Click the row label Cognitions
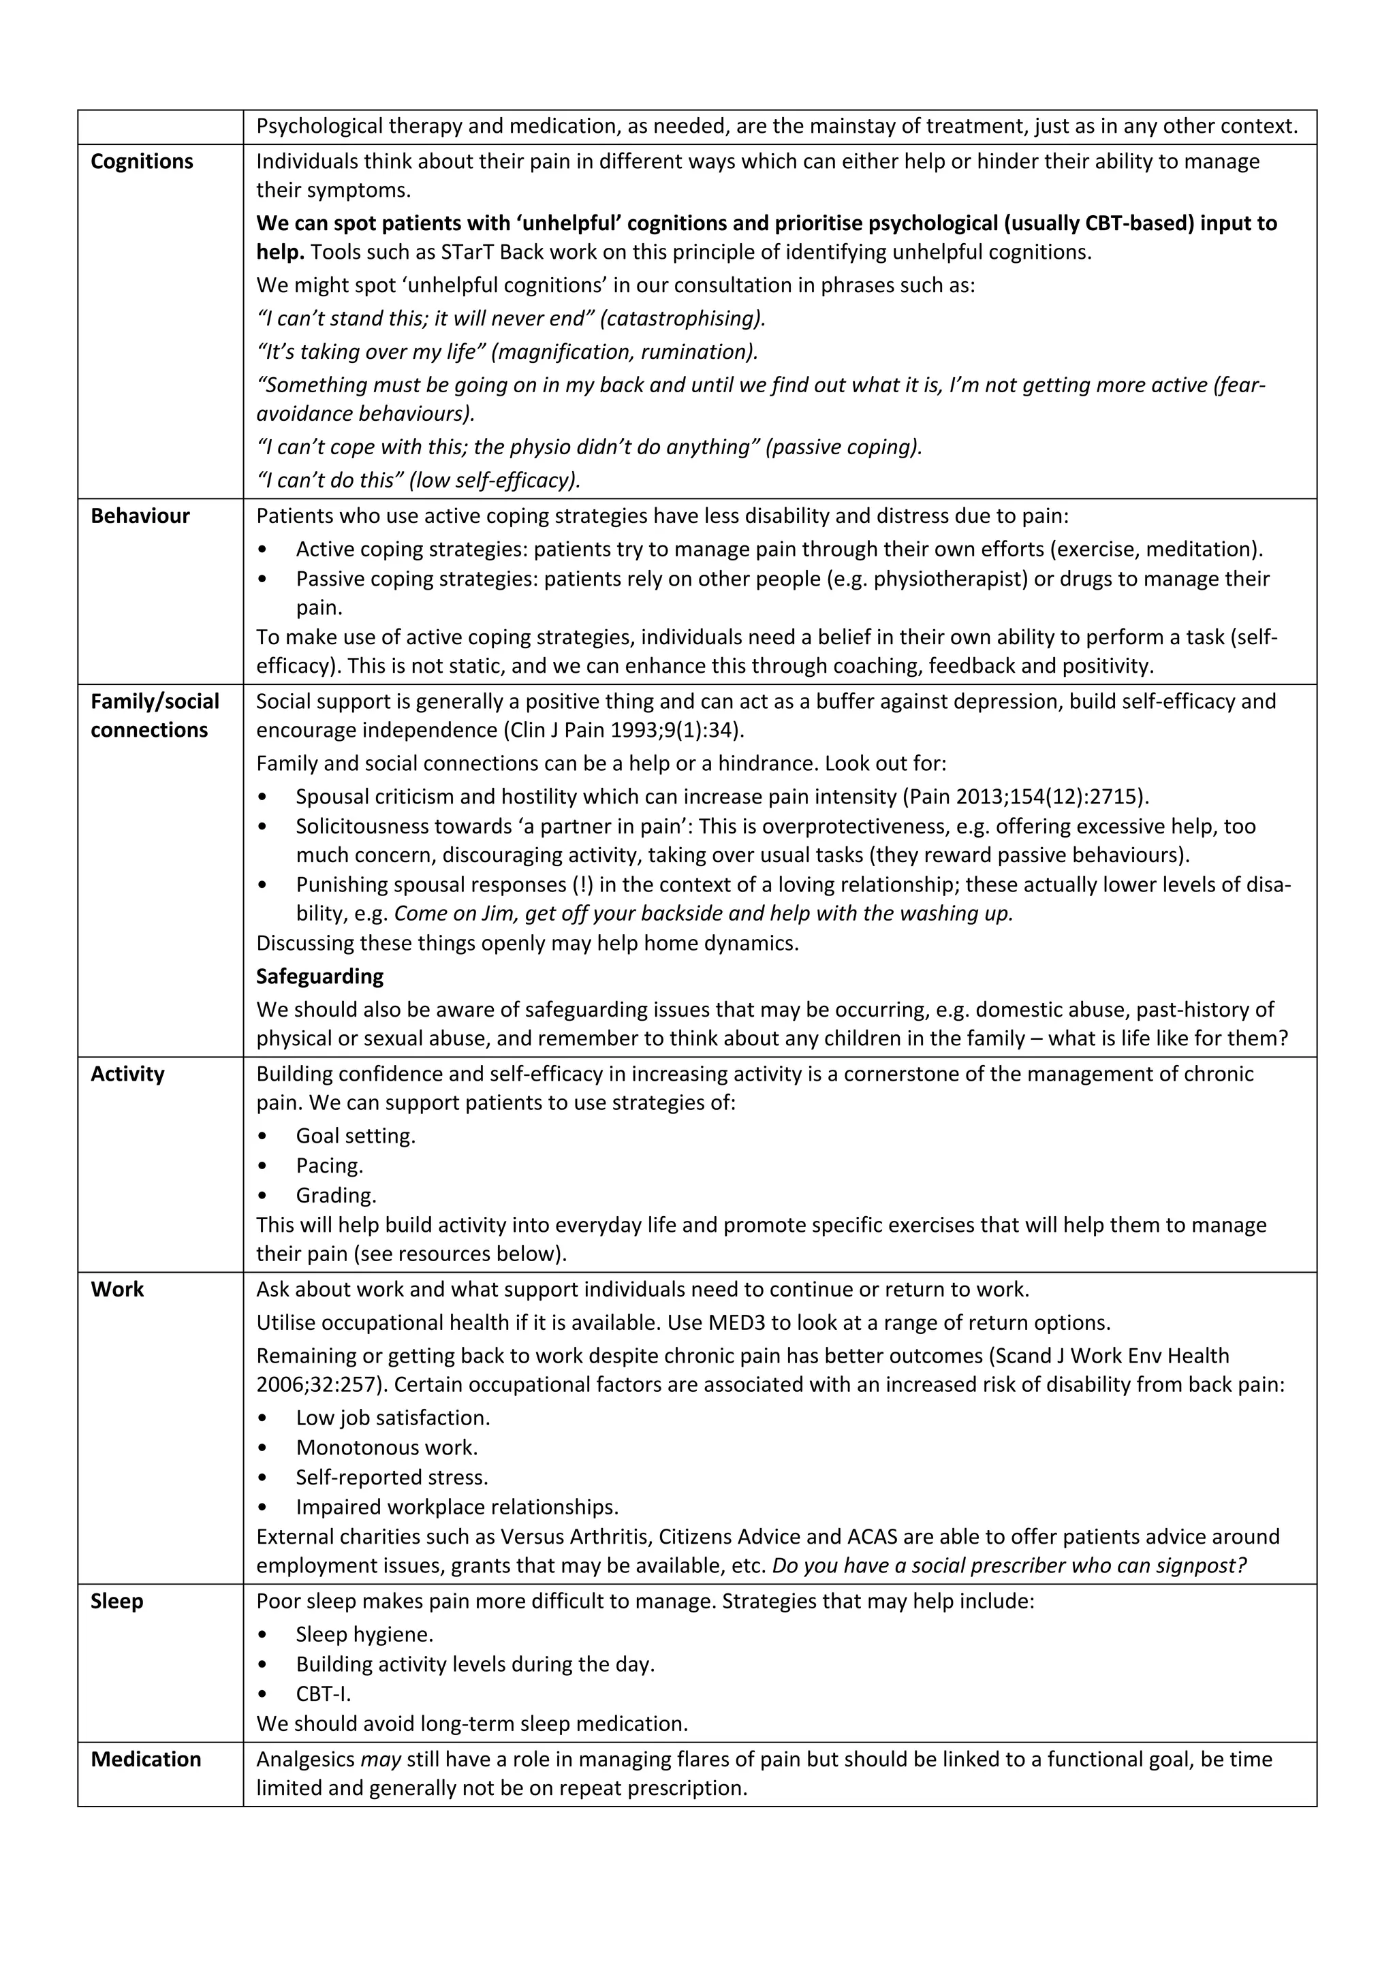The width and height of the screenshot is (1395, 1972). [x=142, y=161]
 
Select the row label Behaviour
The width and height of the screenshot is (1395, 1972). [x=140, y=515]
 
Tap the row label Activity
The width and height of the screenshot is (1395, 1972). [x=127, y=1074]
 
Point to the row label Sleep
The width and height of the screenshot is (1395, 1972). [x=117, y=1601]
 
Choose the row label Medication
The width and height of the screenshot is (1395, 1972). [x=146, y=1759]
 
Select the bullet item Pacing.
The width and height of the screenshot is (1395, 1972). [x=329, y=1166]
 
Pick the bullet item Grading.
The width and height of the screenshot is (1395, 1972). [x=336, y=1195]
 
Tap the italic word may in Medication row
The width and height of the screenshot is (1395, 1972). [x=381, y=1759]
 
